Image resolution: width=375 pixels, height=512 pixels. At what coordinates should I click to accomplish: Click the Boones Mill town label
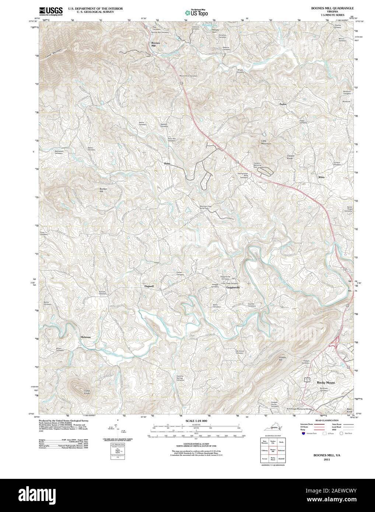click(x=155, y=44)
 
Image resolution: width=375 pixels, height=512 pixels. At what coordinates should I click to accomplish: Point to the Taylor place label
click(x=283, y=104)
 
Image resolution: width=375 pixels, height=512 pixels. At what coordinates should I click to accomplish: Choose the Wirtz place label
click(x=321, y=177)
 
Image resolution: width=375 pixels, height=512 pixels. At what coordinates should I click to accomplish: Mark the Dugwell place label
click(x=149, y=286)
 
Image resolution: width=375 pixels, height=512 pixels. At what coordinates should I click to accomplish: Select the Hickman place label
click(x=85, y=337)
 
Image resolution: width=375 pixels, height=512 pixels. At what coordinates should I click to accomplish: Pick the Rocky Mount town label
click(x=326, y=383)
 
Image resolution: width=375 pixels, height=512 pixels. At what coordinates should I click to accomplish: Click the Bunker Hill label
click(x=104, y=190)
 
